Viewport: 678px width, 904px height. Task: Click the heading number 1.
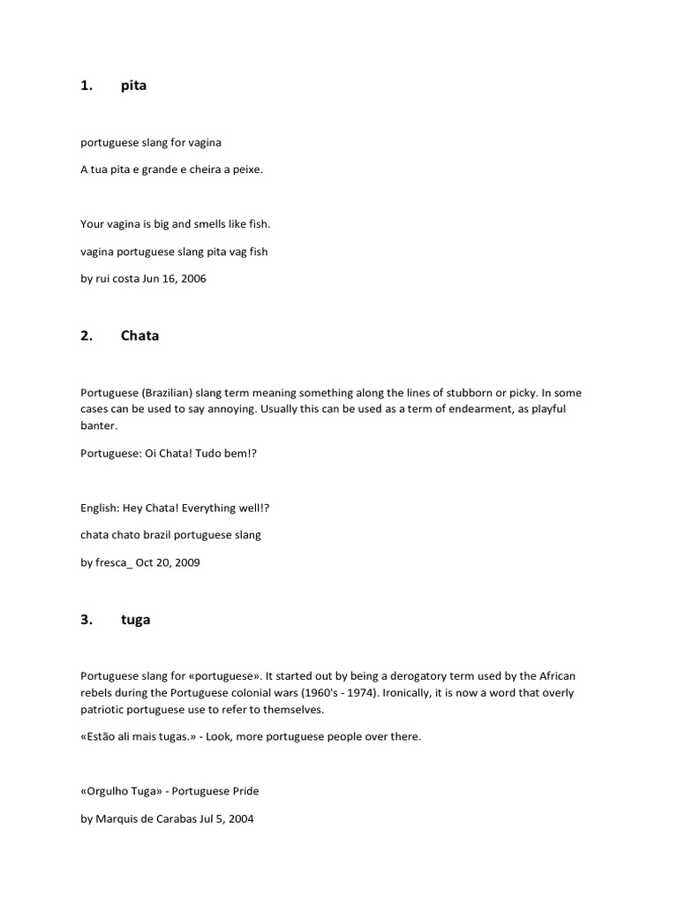click(87, 86)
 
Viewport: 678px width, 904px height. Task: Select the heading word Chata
click(139, 335)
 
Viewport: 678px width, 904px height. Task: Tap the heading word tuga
click(135, 620)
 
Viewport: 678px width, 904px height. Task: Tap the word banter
click(98, 426)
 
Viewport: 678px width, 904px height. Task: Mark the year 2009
click(186, 562)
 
